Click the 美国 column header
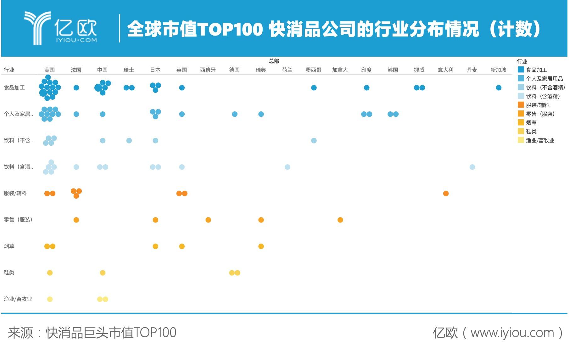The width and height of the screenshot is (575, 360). [49, 70]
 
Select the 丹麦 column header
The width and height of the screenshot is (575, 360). [472, 70]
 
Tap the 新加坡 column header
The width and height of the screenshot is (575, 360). [498, 70]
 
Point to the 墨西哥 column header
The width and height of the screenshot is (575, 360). [313, 70]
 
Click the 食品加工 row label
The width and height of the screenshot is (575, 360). [14, 87]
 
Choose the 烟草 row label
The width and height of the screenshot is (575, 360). [9, 246]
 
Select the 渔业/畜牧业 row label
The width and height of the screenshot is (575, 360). [18, 299]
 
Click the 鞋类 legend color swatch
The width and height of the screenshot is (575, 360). [521, 131]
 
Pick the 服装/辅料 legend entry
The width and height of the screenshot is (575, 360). [538, 105]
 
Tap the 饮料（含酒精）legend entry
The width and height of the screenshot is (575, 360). [543, 96]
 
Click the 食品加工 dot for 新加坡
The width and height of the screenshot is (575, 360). [499, 88]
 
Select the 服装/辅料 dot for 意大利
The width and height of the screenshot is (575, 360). [446, 194]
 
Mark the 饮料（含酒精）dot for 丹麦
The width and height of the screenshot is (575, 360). [472, 167]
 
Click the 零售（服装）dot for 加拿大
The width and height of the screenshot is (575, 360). [340, 220]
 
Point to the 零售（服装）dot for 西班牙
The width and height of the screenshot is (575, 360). [208, 220]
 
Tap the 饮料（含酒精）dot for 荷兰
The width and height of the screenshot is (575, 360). [287, 167]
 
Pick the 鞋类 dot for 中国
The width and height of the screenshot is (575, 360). [103, 273]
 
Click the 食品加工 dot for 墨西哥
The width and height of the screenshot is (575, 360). [314, 88]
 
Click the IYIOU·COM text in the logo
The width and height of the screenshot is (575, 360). [76, 40]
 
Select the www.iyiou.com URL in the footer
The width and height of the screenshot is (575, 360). [512, 333]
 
